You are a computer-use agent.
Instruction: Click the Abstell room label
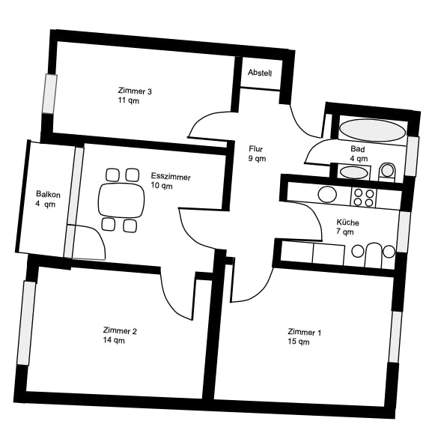[x=260, y=73]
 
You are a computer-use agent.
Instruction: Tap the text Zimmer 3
[x=135, y=91]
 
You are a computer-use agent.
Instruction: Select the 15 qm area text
[x=299, y=342]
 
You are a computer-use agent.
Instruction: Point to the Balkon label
[x=48, y=194]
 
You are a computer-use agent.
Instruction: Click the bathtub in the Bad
[x=373, y=130]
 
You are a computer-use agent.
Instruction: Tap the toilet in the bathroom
[x=387, y=172]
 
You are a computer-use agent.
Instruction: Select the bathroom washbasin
[x=353, y=172]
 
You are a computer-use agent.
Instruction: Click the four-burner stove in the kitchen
[x=363, y=198]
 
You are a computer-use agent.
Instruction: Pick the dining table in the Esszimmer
[x=121, y=200]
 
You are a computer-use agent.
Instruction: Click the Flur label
[x=256, y=149]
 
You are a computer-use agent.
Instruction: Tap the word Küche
[x=347, y=223]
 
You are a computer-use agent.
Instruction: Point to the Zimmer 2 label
[x=120, y=331]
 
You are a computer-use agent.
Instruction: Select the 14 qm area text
[x=114, y=340]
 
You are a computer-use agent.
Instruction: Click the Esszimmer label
[x=171, y=176]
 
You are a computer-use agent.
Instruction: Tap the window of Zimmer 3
[x=49, y=94]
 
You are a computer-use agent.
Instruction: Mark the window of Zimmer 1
[x=396, y=337]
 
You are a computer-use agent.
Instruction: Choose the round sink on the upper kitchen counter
[x=327, y=194]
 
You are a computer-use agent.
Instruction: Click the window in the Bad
[x=412, y=157]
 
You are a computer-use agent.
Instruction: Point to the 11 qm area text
[x=129, y=100]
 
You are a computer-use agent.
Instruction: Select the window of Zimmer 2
[x=26, y=324]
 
